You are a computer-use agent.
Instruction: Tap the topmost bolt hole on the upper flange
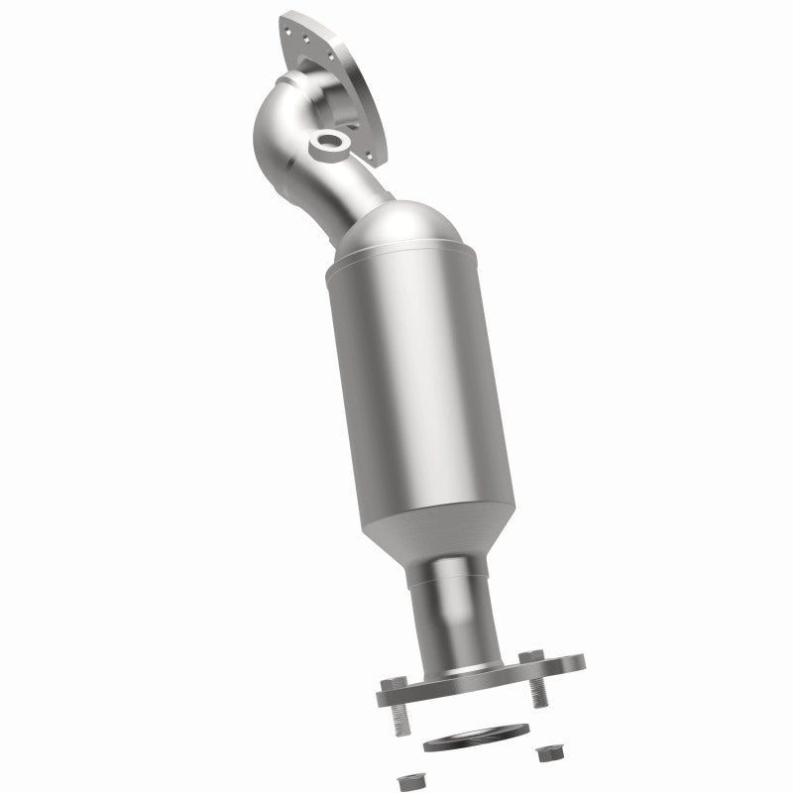291,21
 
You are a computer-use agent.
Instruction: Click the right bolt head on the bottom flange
536,656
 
